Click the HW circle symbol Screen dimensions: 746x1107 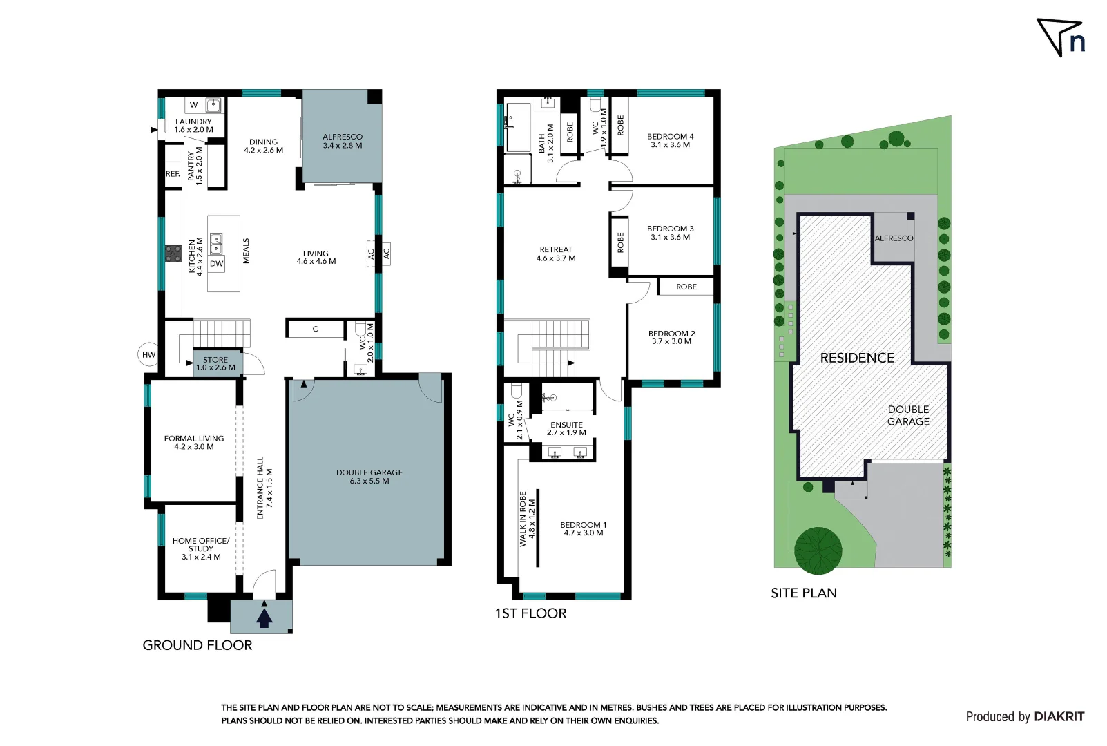(148, 354)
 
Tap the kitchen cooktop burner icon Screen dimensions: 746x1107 (173, 254)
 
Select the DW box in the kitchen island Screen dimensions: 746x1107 (217, 263)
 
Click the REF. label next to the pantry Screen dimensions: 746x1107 (173, 174)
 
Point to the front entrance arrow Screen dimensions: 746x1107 (264, 615)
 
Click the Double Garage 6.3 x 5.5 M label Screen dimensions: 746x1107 (369, 477)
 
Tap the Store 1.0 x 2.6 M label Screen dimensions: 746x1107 (215, 363)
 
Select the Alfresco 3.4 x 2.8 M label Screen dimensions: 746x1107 (343, 141)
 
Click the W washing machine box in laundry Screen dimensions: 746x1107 (194, 105)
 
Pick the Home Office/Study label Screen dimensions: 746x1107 (201, 548)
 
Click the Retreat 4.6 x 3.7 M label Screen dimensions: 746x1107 (556, 254)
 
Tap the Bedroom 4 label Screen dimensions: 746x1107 (670, 140)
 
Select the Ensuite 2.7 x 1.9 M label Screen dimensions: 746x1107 (566, 428)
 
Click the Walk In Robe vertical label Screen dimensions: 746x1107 (527, 519)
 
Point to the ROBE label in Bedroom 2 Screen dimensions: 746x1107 (686, 287)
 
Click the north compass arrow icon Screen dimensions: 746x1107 (1060, 37)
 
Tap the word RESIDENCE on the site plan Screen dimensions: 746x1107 (857, 358)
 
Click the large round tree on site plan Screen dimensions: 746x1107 (818, 551)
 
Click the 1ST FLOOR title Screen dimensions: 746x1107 (530, 613)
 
